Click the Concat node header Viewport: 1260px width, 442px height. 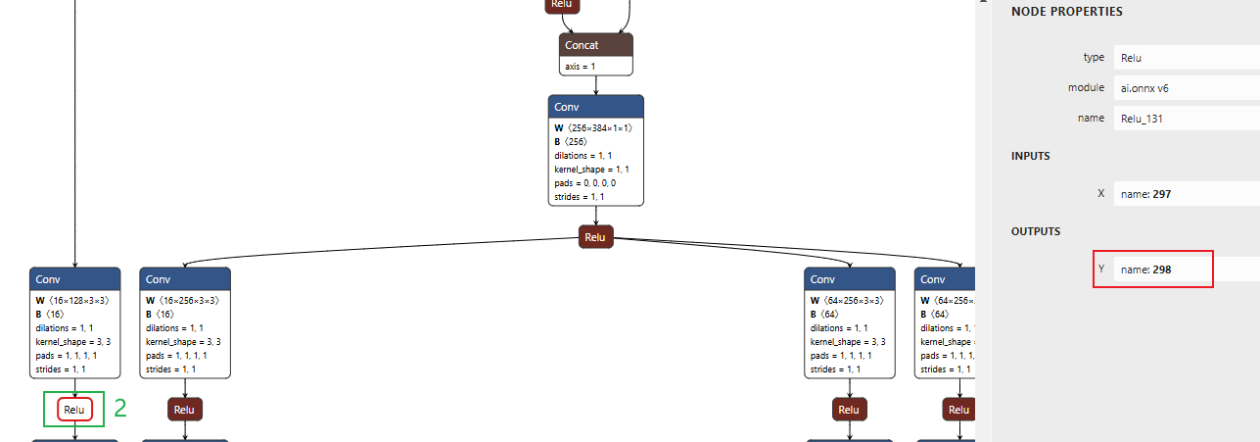point(596,45)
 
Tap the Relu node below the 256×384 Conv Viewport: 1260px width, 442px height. point(595,237)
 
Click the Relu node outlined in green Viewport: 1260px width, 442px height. point(74,410)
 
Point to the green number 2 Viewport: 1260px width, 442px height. point(120,409)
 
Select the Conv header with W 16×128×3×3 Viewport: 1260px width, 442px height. point(74,279)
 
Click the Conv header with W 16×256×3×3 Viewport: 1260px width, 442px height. point(185,279)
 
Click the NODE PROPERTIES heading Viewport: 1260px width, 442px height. point(1066,12)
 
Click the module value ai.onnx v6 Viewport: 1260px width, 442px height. point(1144,87)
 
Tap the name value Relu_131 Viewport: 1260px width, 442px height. point(1143,118)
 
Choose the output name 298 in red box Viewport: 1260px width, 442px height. point(1151,269)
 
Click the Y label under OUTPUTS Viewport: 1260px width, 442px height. point(1101,269)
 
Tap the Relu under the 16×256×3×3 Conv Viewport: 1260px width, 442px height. point(185,410)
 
